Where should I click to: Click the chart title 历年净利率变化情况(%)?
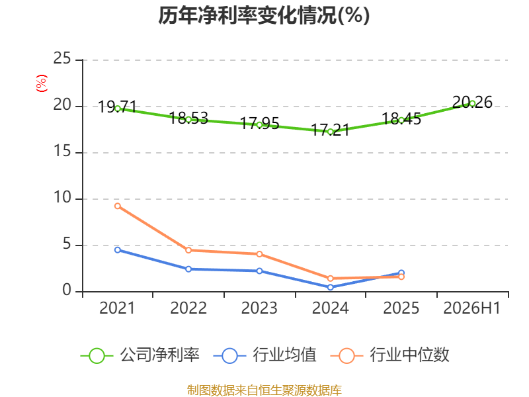[x=264, y=15]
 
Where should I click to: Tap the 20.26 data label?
[x=472, y=103]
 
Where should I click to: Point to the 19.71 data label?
[x=118, y=107]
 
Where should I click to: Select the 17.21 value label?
[x=330, y=130]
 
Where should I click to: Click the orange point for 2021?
[x=118, y=206]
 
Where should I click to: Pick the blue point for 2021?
[x=118, y=250]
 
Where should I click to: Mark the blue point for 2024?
[x=330, y=287]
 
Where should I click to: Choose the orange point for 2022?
[x=188, y=250]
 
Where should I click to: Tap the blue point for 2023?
[x=259, y=271]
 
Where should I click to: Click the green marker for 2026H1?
[x=472, y=104]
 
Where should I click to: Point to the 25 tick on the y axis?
[x=62, y=58]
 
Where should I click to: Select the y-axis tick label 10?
[x=62, y=197]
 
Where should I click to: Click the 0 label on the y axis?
[x=67, y=290]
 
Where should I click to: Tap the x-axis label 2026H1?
[x=472, y=308]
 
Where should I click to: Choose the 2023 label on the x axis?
[x=259, y=308]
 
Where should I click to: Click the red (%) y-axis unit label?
[x=42, y=83]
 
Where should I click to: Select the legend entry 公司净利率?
[x=140, y=355]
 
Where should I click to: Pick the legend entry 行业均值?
[x=265, y=355]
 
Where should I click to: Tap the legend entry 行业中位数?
[x=389, y=355]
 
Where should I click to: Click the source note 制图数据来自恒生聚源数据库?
[x=264, y=390]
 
